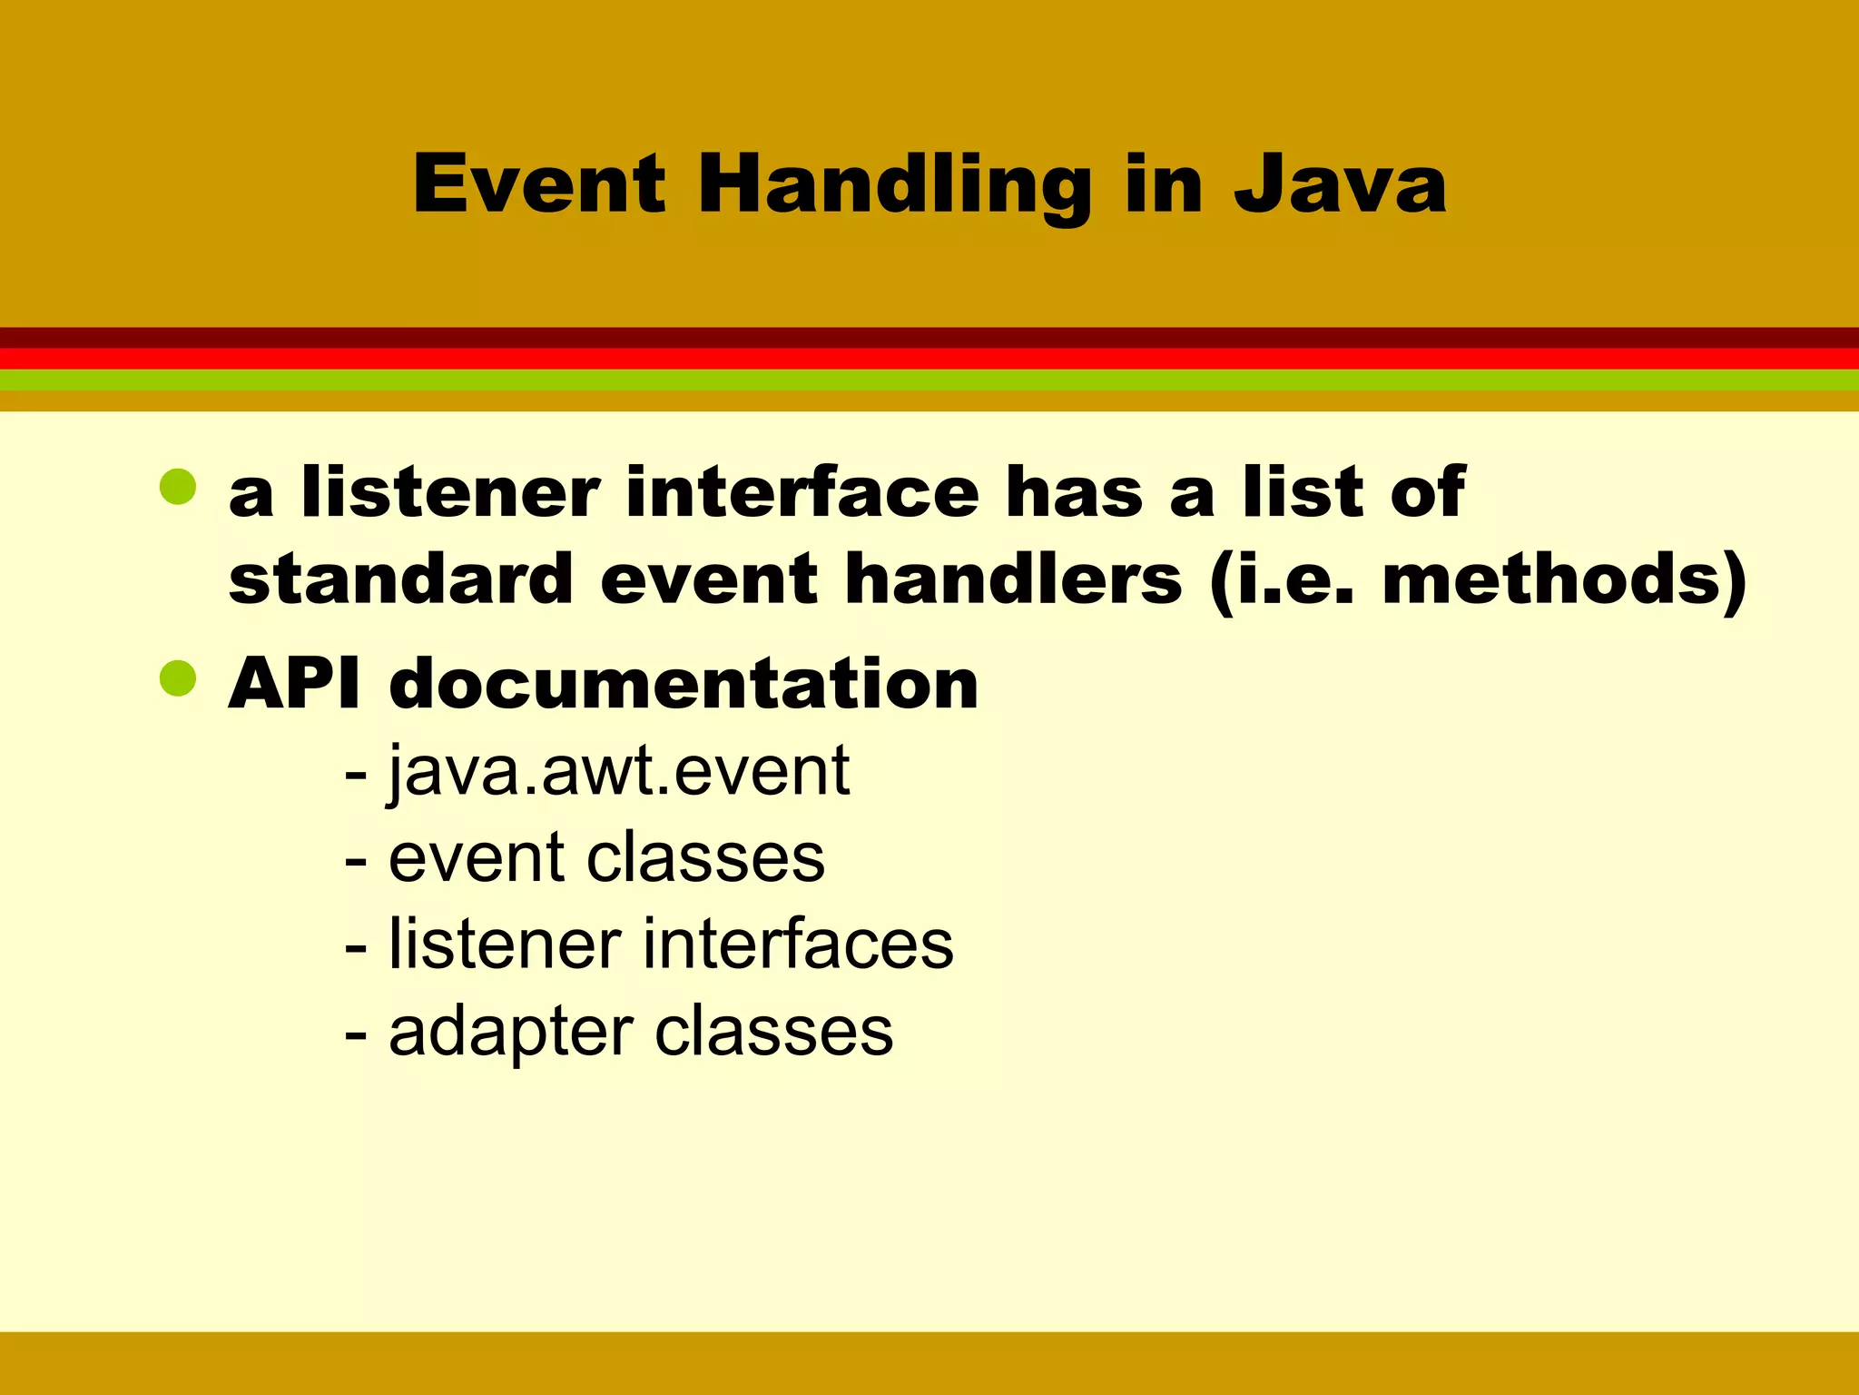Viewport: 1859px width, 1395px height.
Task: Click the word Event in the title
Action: point(539,184)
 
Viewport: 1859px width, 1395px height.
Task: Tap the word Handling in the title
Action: point(893,186)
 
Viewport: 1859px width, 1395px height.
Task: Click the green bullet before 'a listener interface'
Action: point(178,487)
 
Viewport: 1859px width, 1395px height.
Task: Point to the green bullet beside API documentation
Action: point(178,678)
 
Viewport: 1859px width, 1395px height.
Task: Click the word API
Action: point(294,683)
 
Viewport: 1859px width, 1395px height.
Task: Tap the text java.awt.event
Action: point(619,772)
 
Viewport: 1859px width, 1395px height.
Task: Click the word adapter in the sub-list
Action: point(510,1033)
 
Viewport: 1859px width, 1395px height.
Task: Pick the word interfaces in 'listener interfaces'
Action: point(798,945)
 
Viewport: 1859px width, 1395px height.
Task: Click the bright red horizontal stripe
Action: point(929,359)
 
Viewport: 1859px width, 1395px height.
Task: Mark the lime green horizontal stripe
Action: point(929,380)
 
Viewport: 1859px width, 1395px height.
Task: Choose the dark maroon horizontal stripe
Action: point(929,337)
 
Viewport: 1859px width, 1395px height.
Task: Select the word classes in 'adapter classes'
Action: point(773,1033)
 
